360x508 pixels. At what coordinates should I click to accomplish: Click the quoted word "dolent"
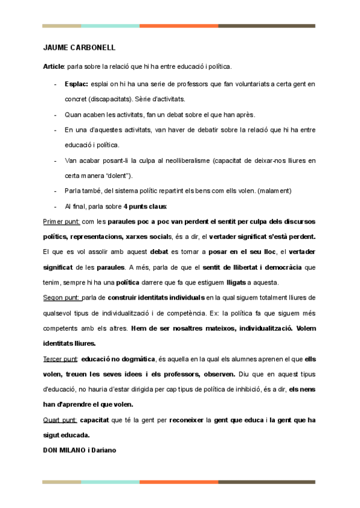point(116,176)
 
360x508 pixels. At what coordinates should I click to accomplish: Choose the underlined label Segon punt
point(61,298)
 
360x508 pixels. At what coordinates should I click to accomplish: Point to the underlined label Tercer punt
point(61,359)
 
